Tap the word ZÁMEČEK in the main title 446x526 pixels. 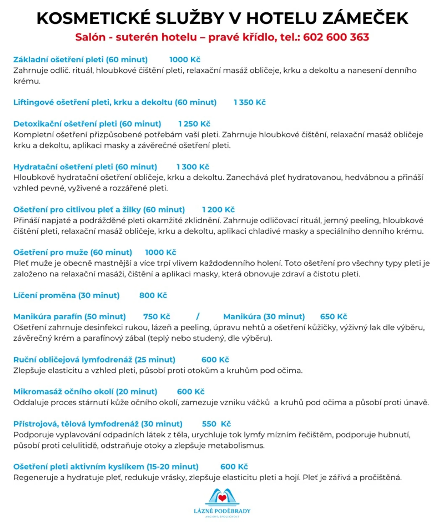(365, 18)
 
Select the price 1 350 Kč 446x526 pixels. (250, 102)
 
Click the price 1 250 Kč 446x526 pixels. (194, 124)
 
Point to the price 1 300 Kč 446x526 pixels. (193, 167)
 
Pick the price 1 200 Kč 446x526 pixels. (218, 210)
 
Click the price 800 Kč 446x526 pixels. (153, 295)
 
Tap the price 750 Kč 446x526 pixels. (157, 317)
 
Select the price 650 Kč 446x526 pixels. (333, 317)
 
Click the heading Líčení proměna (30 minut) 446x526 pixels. (66, 295)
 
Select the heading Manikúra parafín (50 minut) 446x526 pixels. (69, 317)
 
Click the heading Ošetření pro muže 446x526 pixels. (73, 252)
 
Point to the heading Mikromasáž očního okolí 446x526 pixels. (85, 392)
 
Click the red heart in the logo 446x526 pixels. (223, 498)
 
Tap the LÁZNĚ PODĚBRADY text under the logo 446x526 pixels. (222, 511)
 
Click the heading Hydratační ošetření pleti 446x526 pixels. (85, 167)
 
